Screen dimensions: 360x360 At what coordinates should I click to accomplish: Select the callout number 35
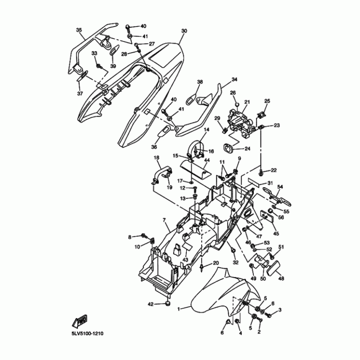pyautogui.click(x=79, y=30)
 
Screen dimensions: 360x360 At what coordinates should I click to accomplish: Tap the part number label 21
pyautogui.click(x=247, y=102)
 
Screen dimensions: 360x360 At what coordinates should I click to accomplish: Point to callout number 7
pyautogui.click(x=164, y=220)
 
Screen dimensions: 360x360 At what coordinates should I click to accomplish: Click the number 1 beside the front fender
pyautogui.click(x=179, y=309)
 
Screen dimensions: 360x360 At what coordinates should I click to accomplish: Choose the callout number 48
pyautogui.click(x=281, y=279)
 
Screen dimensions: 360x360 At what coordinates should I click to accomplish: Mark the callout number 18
pyautogui.click(x=157, y=158)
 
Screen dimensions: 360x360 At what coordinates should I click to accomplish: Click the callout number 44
pyautogui.click(x=207, y=160)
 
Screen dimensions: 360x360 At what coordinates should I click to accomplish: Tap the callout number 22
pyautogui.click(x=274, y=170)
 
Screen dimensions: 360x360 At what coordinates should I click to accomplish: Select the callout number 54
pyautogui.click(x=280, y=187)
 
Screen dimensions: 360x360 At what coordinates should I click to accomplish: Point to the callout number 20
pyautogui.click(x=216, y=263)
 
